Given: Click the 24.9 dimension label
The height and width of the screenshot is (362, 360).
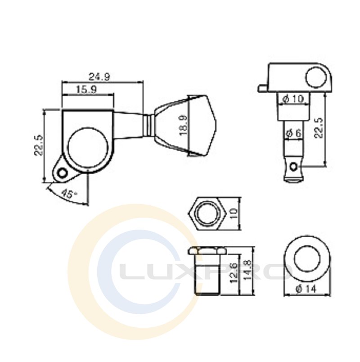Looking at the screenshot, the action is (99, 77).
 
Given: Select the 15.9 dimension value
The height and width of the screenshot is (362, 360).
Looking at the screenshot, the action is (86, 89).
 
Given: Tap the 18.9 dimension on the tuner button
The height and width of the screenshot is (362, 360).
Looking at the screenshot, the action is (184, 125).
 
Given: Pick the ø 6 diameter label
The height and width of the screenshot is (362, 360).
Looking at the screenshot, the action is (294, 133).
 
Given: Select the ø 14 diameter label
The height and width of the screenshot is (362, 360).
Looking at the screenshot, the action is (307, 288).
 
